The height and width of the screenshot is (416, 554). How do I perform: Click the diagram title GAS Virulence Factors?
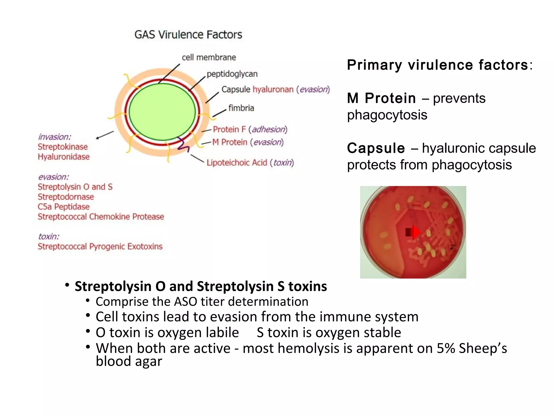pos(188,35)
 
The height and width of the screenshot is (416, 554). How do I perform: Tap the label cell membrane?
pos(209,57)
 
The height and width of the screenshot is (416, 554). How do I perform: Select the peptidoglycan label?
pos(232,74)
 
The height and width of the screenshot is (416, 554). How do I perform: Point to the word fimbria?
pos(241,108)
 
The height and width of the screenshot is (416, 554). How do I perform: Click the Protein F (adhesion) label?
pos(250,129)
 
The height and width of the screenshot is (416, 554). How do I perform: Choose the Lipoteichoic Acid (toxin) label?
pos(250,163)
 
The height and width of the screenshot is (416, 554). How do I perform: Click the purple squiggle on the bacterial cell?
pos(183,145)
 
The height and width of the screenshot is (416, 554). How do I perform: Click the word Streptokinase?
pos(63,147)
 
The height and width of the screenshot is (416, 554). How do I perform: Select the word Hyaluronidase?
pos(64,157)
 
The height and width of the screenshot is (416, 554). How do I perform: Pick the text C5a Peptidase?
pos(64,207)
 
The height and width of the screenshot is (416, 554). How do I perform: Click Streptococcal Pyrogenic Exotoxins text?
pos(100,246)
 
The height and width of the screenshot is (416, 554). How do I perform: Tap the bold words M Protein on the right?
pos(381,98)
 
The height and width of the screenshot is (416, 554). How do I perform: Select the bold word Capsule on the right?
pos(376,148)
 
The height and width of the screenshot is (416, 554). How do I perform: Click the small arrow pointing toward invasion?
pos(105,135)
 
